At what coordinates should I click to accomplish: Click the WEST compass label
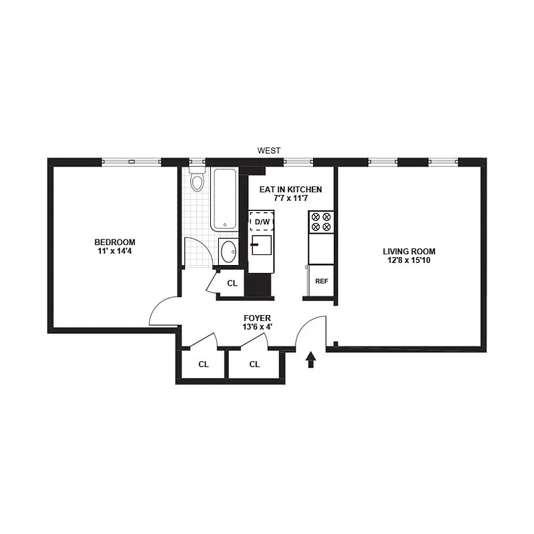tap(270, 151)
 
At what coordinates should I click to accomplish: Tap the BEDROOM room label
tap(115, 242)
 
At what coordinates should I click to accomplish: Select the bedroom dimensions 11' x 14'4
tap(115, 251)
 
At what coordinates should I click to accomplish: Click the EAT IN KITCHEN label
tap(290, 190)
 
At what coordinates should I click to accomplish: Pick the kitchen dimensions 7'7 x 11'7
tap(290, 199)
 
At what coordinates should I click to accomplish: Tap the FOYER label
tap(258, 318)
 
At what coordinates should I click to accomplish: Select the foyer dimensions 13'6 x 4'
tap(258, 328)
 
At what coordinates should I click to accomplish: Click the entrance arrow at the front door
tap(310, 360)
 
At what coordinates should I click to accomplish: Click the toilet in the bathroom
tap(197, 181)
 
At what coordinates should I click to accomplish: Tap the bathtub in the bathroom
tap(223, 199)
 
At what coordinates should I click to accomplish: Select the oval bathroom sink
tap(228, 251)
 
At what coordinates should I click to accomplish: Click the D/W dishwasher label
tap(262, 222)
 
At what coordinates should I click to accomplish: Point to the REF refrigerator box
tap(321, 280)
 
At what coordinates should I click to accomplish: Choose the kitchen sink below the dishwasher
tap(262, 244)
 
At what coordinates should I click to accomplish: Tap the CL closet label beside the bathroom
tap(232, 284)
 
